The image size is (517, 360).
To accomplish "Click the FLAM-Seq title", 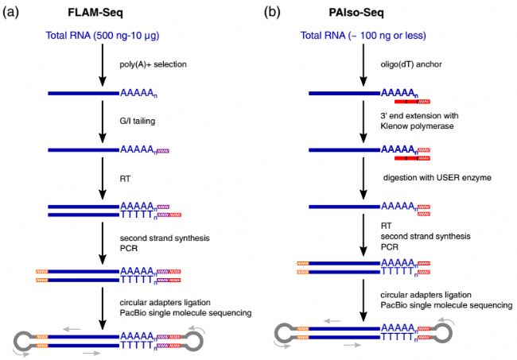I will [102, 14].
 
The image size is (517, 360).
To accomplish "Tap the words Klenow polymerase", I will [414, 128].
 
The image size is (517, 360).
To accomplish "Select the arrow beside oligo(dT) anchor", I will [363, 67].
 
